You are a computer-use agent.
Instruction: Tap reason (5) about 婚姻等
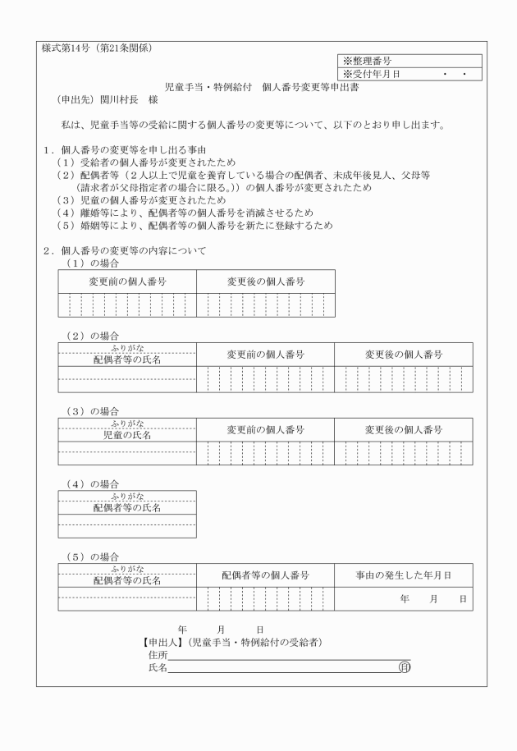(x=194, y=224)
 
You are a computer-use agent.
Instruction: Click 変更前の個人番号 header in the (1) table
(x=127, y=282)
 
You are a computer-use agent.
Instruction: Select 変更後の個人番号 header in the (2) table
(x=404, y=355)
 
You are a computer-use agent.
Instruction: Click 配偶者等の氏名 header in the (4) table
(x=127, y=507)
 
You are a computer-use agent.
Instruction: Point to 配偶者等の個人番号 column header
(x=265, y=575)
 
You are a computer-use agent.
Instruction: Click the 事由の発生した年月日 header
(x=403, y=575)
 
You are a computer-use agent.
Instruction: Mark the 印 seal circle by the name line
(x=404, y=668)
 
